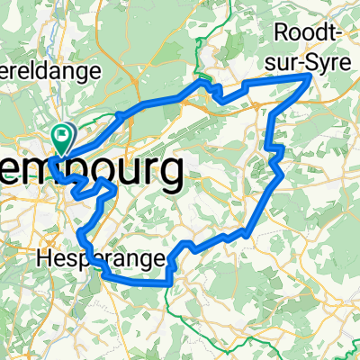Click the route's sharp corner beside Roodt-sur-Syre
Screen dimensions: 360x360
coord(310,77)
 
